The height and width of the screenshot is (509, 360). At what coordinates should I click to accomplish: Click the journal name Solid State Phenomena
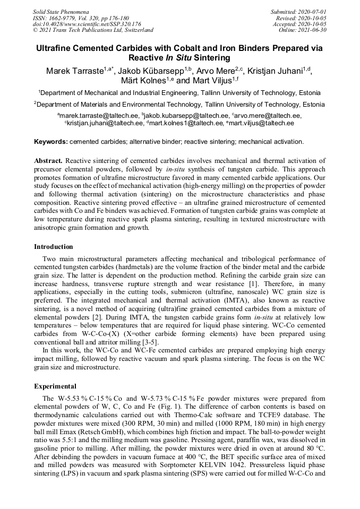61,12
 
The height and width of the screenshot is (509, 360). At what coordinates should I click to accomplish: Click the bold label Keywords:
51,142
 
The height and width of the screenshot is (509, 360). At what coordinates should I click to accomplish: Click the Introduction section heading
54,247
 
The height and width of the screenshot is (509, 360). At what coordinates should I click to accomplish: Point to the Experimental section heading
55,386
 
